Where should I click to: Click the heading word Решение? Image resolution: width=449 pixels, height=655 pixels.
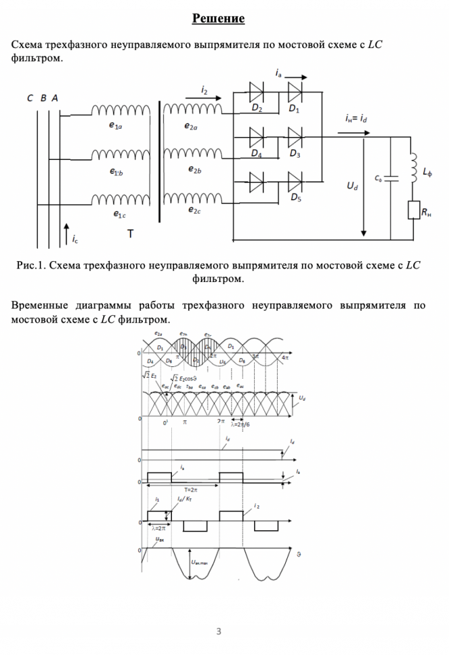pos(218,18)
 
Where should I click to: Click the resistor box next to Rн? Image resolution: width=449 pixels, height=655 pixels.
pos(414,210)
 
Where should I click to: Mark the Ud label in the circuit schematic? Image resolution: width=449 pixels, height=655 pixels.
pos(352,185)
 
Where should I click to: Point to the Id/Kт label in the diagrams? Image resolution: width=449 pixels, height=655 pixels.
pos(183,500)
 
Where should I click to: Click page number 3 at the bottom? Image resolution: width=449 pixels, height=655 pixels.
pos(218,631)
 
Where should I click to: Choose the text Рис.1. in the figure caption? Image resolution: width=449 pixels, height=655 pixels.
pos(32,265)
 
